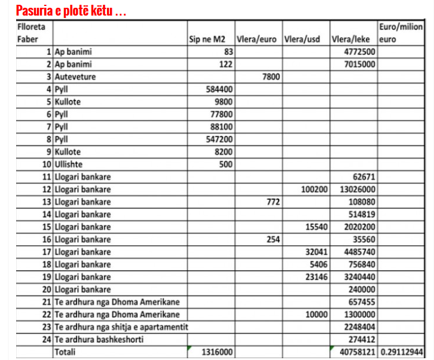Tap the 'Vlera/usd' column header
coord(304,40)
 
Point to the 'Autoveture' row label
coord(75,77)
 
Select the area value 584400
coord(219,90)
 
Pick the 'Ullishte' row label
coord(70,164)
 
